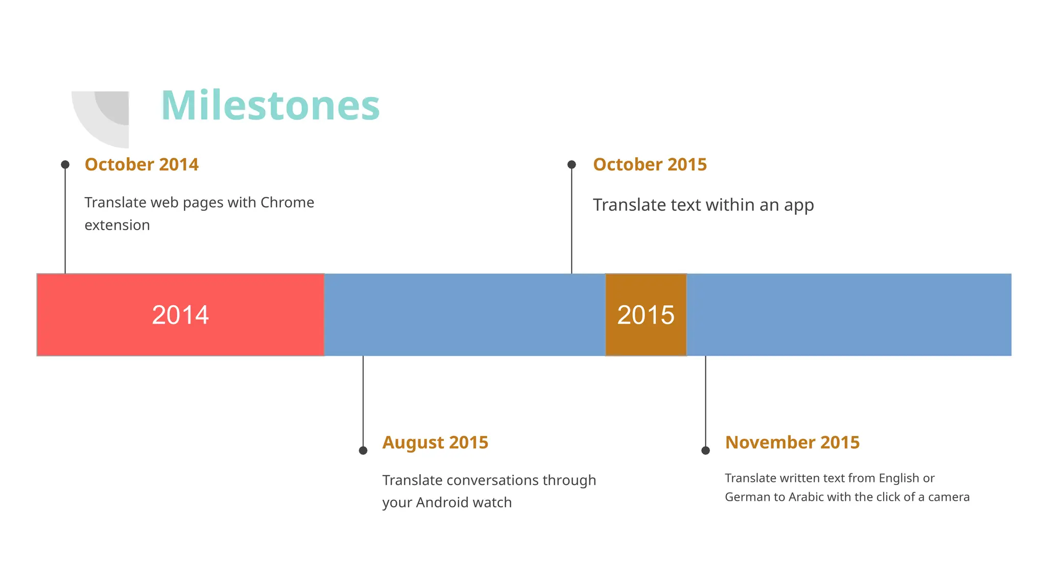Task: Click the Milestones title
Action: pos(270,106)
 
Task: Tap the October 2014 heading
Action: pos(141,164)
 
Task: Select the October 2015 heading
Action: pos(650,164)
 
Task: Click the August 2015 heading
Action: pos(435,442)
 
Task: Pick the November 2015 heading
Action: pos(792,442)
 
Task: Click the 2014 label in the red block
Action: pos(180,315)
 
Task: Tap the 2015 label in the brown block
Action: pos(646,315)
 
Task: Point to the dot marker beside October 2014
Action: pos(65,164)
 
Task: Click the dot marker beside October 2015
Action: pos(572,164)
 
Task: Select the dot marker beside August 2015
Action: pos(363,450)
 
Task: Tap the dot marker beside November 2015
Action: pos(705,450)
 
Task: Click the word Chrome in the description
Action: pos(287,203)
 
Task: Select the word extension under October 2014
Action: pos(117,225)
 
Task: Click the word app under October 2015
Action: pos(799,206)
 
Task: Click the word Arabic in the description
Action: pos(806,497)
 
